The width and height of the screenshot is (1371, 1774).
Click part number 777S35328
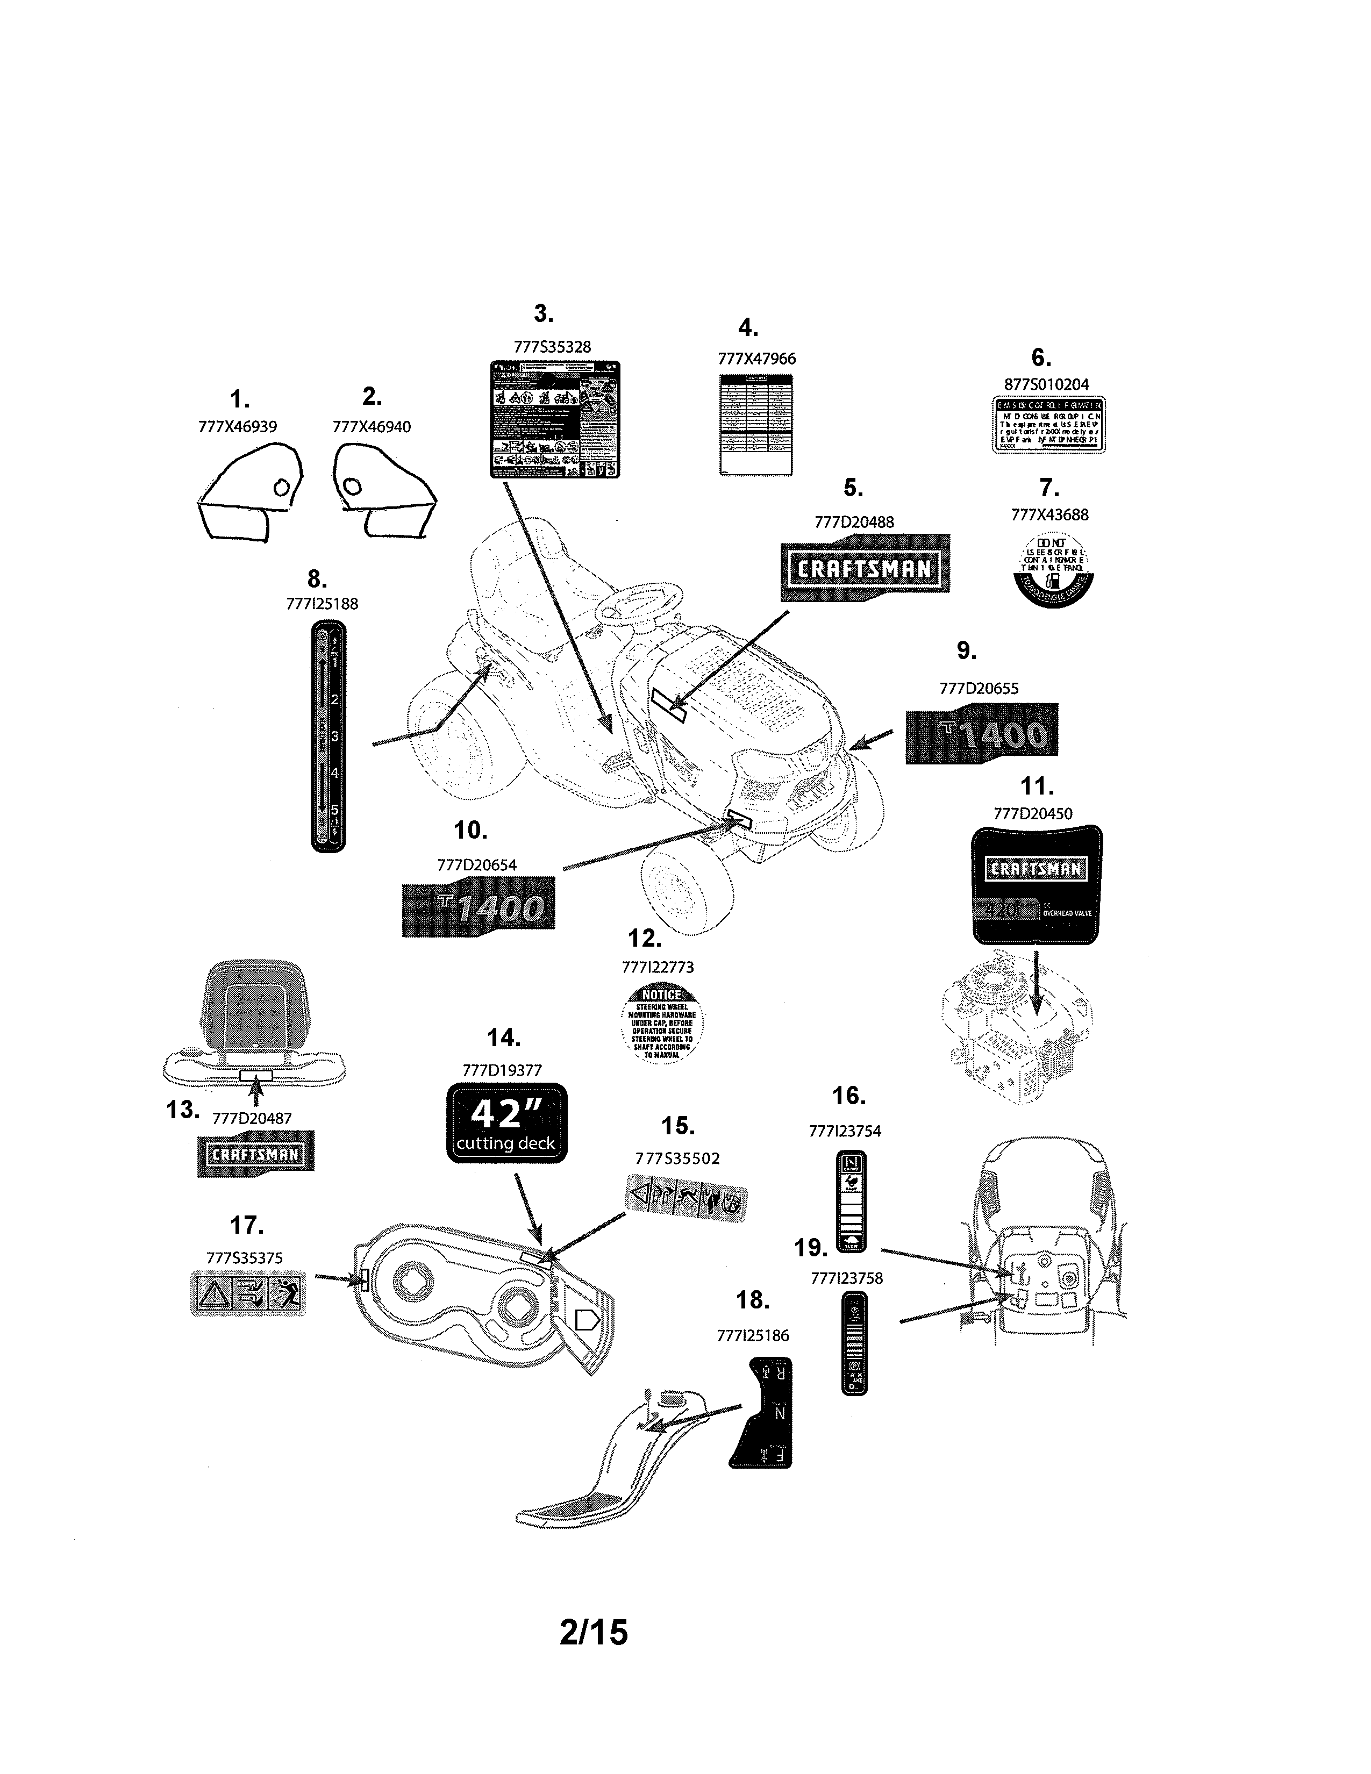552,347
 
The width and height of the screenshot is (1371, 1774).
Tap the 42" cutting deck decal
507,1124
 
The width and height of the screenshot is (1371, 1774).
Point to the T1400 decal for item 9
982,733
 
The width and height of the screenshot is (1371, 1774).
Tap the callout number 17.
246,1226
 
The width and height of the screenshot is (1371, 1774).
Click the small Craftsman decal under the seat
256,1154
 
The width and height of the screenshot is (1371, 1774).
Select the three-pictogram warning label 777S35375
248,1293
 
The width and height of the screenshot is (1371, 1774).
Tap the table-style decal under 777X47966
756,425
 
